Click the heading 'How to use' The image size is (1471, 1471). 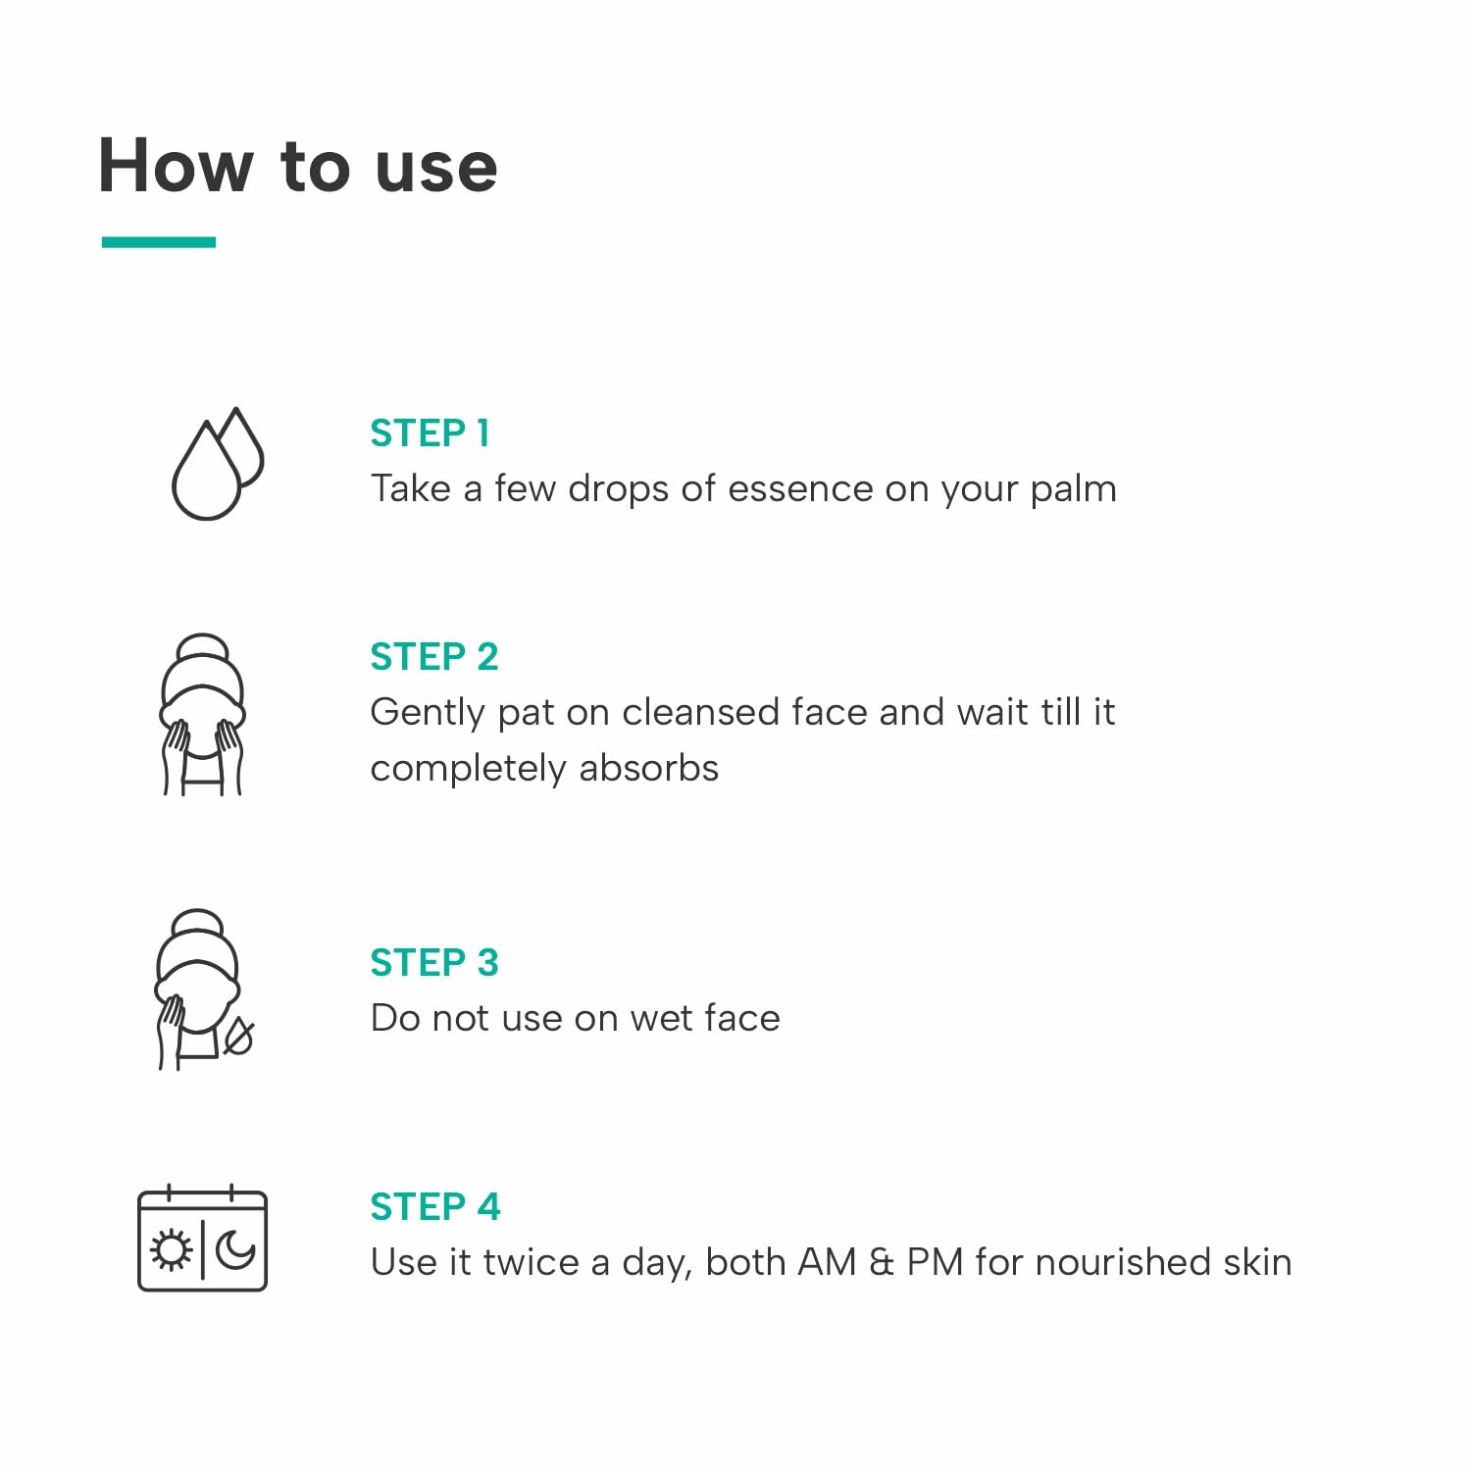[298, 165]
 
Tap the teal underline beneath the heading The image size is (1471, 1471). [159, 242]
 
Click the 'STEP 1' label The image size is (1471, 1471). [430, 432]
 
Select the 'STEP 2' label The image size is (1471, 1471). [434, 656]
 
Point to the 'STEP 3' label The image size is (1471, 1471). [434, 962]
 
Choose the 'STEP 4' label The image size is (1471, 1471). [435, 1206]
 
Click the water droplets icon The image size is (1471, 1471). [218, 463]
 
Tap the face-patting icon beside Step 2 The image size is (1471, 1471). [202, 714]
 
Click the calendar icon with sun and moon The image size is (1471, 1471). [202, 1238]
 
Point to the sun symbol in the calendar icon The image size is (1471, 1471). [172, 1250]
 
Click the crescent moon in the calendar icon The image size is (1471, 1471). [235, 1249]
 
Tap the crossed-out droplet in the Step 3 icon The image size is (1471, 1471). [238, 1038]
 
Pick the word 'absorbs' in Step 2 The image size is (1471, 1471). [648, 768]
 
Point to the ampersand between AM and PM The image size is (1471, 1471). [882, 1262]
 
